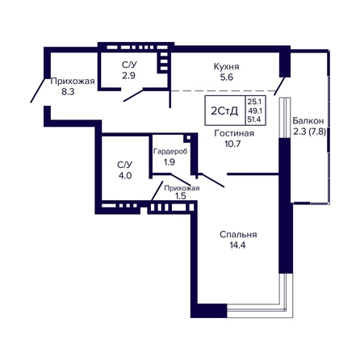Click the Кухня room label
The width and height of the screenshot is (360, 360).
(x=226, y=66)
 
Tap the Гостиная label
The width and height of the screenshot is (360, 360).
(x=234, y=133)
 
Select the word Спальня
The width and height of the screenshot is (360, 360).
(x=238, y=235)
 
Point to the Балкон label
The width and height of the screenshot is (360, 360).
(x=308, y=120)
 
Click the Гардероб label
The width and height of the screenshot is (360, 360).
(x=170, y=152)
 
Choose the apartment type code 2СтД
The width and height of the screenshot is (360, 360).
(x=224, y=111)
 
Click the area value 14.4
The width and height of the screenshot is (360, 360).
(x=237, y=245)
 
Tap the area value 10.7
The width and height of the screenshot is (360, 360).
(x=232, y=144)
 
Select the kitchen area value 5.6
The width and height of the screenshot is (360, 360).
(x=227, y=77)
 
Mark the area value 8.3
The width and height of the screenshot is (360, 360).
(x=68, y=92)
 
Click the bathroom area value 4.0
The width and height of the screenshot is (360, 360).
(x=125, y=176)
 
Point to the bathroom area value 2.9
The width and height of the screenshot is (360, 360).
(x=128, y=76)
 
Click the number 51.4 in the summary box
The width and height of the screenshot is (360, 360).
(x=255, y=119)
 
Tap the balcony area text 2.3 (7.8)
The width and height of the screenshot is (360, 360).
(x=309, y=132)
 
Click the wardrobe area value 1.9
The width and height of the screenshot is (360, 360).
(x=170, y=162)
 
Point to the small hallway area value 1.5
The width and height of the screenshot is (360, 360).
(x=181, y=196)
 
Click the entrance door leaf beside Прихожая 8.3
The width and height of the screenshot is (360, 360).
(x=37, y=90)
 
